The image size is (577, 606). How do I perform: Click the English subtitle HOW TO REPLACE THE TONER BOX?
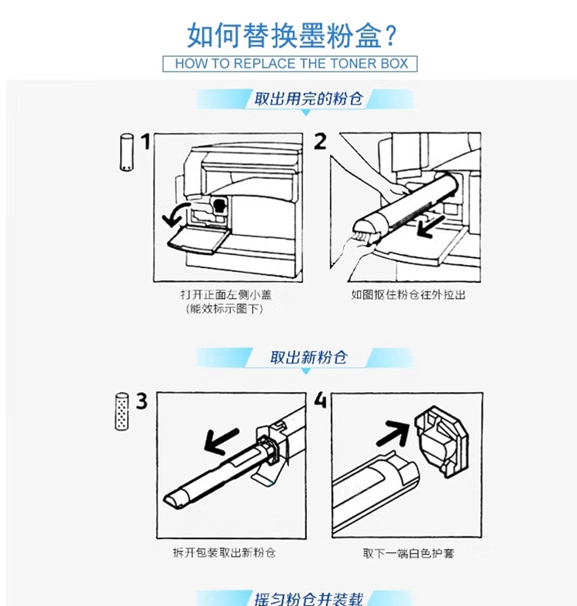292,63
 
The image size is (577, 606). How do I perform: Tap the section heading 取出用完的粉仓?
309,99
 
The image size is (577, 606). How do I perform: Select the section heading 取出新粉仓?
309,357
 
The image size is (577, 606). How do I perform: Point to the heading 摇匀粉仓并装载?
309,598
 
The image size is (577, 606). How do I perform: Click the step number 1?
145,142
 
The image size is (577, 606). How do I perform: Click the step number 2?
320,141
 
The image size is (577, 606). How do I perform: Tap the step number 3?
142,401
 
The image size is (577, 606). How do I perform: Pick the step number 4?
320,400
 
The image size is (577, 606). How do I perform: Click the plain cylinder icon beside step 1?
126,152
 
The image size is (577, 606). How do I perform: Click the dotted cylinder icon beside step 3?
122,411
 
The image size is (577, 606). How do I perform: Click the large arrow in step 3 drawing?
221,441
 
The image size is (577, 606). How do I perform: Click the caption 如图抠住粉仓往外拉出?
408,295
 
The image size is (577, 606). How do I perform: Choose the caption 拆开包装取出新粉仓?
224,553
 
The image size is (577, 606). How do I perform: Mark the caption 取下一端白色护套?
409,554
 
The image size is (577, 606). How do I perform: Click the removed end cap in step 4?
442,440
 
